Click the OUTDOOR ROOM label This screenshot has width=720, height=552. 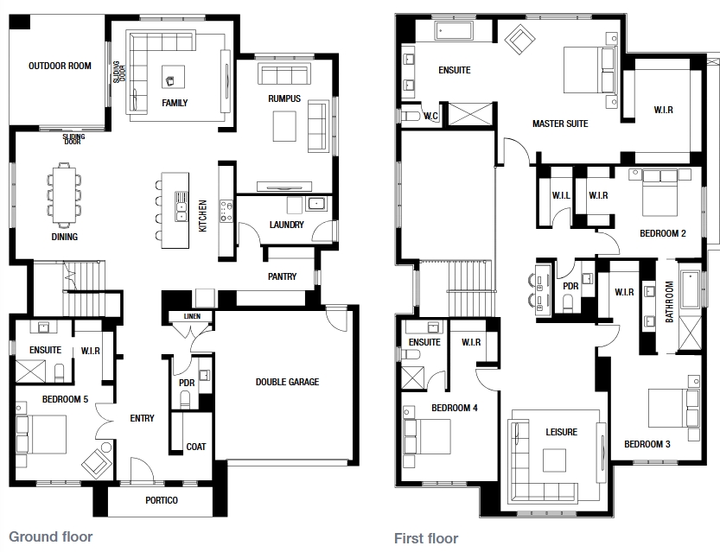(x=60, y=66)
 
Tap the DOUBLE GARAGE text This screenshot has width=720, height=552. (x=288, y=382)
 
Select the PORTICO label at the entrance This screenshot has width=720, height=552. (x=162, y=500)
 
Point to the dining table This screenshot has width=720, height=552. (x=64, y=195)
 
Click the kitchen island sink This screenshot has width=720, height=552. (x=182, y=206)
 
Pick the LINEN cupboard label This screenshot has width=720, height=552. (x=192, y=316)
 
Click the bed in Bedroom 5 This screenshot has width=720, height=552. (x=41, y=435)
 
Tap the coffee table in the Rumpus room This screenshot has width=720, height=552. (x=284, y=127)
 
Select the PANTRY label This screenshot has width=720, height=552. (x=283, y=276)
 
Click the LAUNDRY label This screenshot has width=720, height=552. (x=287, y=225)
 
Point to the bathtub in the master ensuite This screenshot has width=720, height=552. (x=453, y=31)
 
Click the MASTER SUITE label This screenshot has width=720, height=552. (x=560, y=124)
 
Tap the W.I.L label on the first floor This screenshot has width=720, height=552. (x=561, y=195)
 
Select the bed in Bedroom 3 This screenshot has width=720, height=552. (x=674, y=408)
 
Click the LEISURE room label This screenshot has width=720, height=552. (x=562, y=432)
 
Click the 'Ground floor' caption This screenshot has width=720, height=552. (x=51, y=536)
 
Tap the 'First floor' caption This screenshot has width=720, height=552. (x=426, y=538)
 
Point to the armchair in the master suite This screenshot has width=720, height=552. (x=519, y=41)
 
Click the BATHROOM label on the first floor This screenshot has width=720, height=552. (x=670, y=301)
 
